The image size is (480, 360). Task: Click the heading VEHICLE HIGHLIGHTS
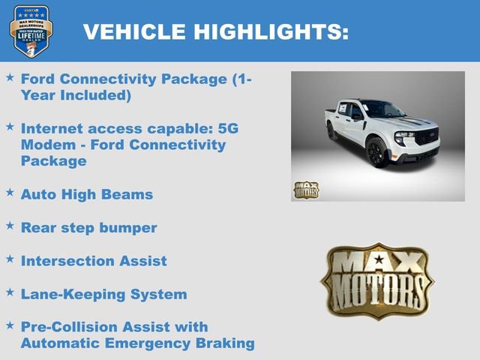[215, 31]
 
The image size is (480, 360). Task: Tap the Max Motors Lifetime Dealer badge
[31, 31]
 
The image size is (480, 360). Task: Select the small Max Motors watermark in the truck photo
[306, 190]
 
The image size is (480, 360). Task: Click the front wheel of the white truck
[377, 152]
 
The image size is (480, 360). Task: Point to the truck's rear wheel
[332, 133]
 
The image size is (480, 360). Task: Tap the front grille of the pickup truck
[425, 138]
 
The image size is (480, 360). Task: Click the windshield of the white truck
[382, 109]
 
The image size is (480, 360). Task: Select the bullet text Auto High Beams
[87, 194]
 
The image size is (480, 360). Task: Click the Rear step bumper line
[88, 227]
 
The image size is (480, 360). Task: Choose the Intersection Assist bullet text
[94, 261]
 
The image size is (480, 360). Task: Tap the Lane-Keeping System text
[103, 294]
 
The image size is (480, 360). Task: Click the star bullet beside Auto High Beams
[10, 193]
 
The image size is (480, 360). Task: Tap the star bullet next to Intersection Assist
[10, 259]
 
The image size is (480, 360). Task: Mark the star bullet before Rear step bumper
[10, 226]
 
